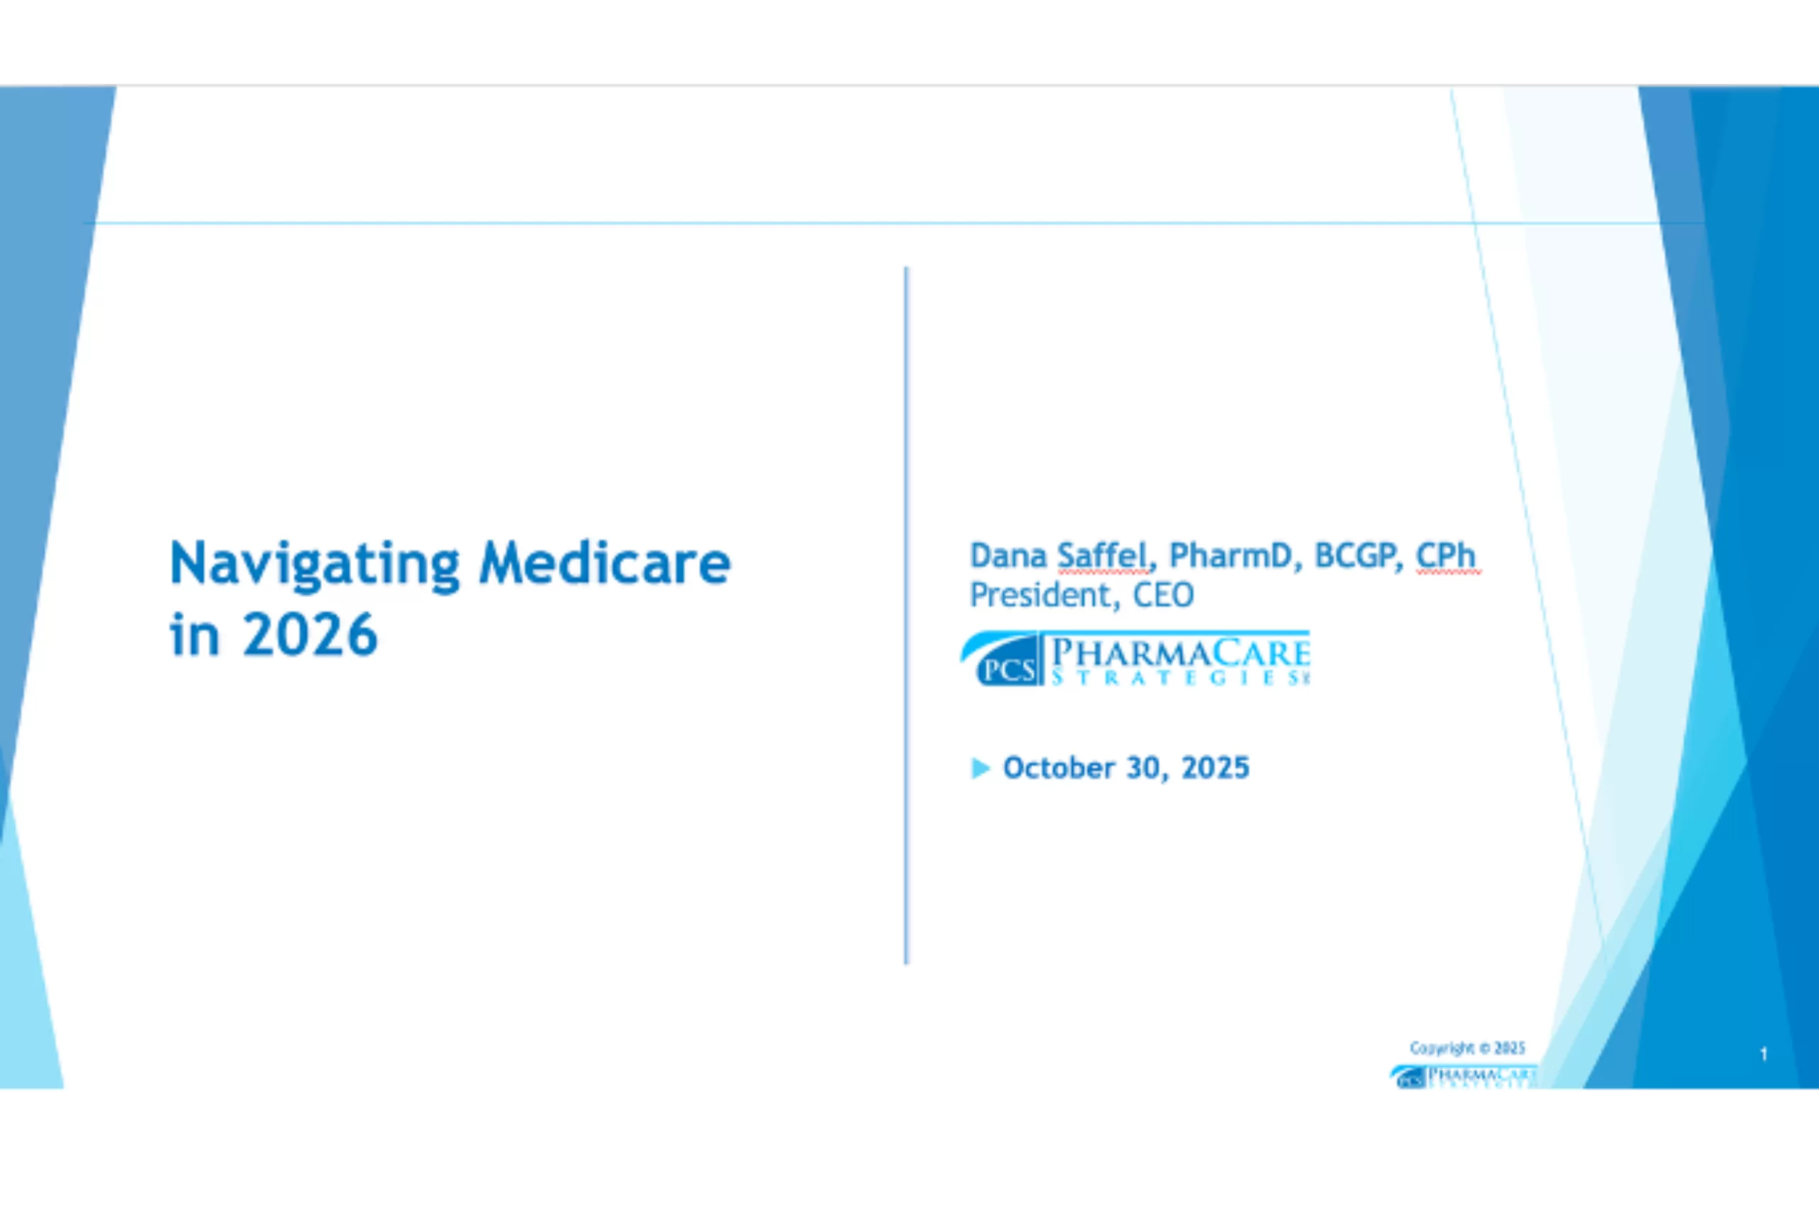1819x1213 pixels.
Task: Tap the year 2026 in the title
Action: pos(310,635)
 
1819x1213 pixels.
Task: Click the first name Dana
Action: pos(1008,556)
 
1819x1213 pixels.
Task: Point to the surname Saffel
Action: pos(1102,556)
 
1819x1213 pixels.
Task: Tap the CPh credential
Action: pos(1445,556)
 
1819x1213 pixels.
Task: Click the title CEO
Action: pos(1163,595)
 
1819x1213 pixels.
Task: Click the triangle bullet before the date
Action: pos(980,768)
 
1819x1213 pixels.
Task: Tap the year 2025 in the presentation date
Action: pos(1215,768)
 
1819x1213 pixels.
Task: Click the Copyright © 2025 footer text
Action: pos(1467,1048)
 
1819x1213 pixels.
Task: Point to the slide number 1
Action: pos(1764,1054)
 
